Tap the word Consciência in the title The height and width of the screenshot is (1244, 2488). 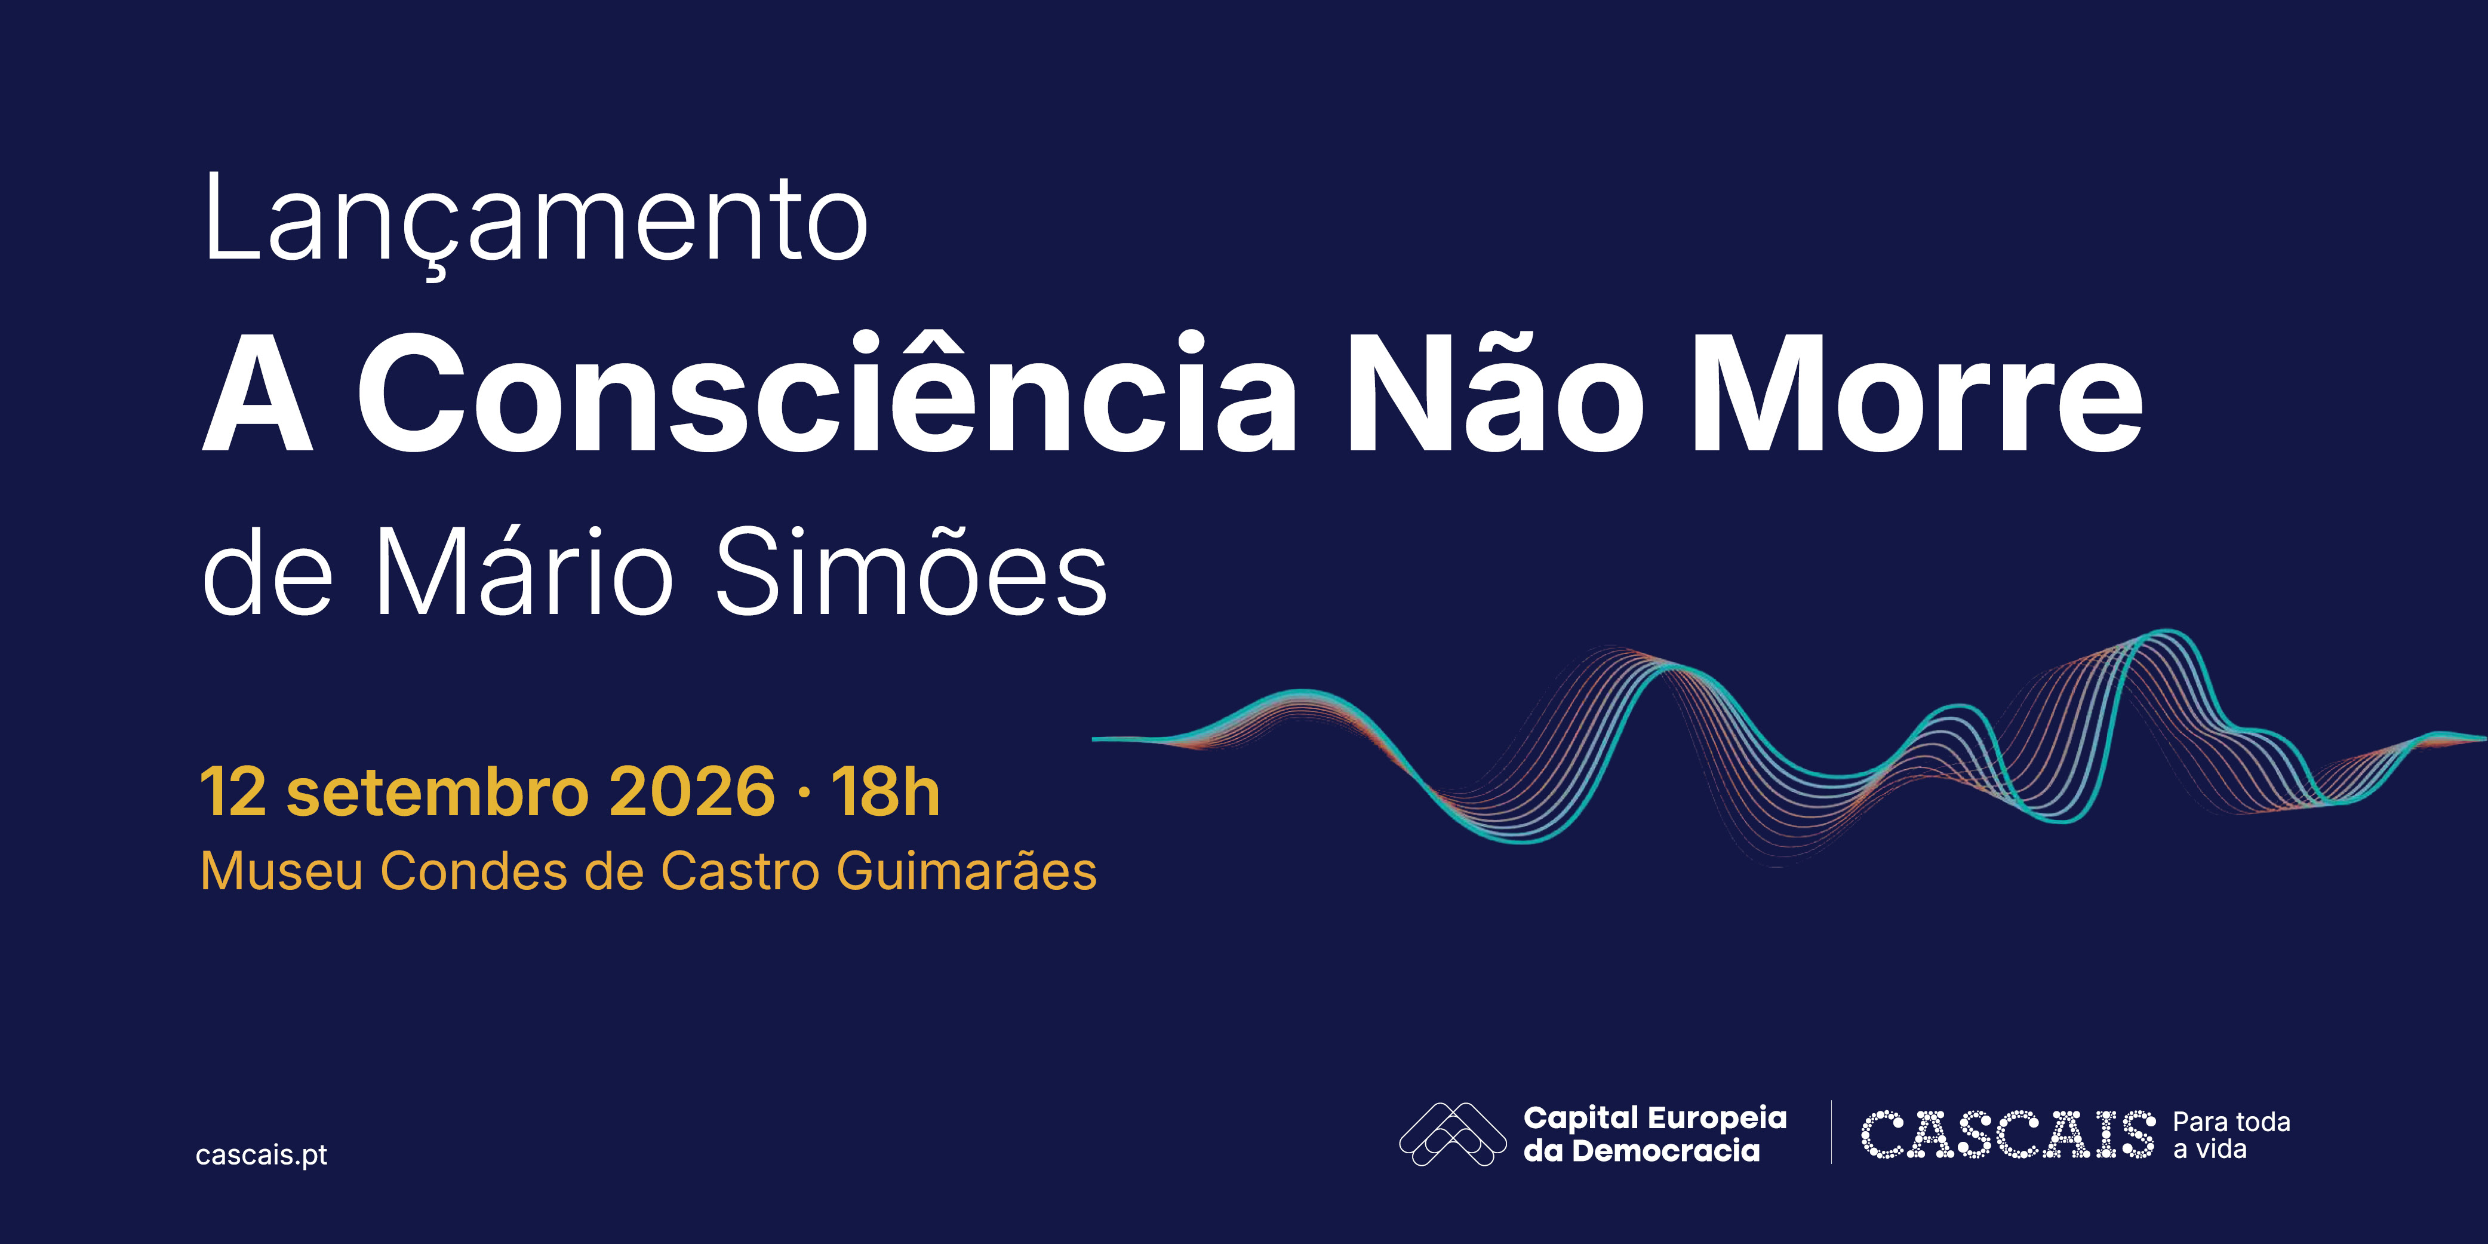828,391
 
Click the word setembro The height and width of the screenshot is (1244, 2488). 438,792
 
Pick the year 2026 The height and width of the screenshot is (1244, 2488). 691,792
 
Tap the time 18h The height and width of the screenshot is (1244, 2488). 885,792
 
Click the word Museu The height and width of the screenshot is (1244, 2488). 282,871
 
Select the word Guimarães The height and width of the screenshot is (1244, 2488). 967,871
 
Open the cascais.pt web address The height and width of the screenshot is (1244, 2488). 261,1155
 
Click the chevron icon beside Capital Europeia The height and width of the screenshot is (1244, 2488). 1453,1134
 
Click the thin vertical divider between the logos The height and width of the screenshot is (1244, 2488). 1831,1132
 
